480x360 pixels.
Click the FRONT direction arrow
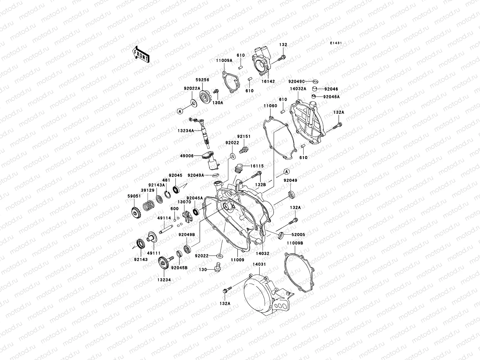click(141, 55)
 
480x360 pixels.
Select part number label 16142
click(268, 81)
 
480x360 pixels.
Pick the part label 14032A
click(298, 89)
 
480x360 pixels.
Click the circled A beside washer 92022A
click(179, 111)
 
